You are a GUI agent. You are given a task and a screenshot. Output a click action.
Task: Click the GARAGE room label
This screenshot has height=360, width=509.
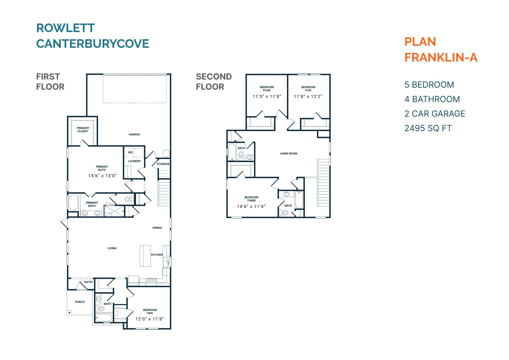coord(134,135)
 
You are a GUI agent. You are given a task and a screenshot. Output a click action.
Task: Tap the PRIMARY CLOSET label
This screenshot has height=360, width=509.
coord(83,130)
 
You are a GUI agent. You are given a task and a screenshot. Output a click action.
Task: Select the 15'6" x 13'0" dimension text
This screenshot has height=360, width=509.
coord(102,176)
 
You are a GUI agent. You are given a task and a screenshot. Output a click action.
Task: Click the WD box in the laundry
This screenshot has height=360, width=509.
coord(130,152)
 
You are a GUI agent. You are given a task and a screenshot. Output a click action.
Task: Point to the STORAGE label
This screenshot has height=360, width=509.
coord(163,164)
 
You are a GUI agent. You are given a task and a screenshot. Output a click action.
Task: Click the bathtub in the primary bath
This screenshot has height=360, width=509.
coord(73,202)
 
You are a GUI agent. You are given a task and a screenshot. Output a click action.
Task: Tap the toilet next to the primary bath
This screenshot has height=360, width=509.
coord(128,199)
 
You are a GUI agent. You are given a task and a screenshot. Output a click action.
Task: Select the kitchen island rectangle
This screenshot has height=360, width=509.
coord(145,256)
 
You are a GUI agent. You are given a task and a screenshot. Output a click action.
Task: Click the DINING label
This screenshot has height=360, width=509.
coord(157,228)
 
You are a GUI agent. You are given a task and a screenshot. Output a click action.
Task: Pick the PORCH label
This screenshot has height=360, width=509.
coord(80,302)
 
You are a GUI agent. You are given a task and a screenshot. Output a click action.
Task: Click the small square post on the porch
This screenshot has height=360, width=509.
coord(70,313)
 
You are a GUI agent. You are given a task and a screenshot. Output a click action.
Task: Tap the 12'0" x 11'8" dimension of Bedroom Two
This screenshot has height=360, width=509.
coord(150,319)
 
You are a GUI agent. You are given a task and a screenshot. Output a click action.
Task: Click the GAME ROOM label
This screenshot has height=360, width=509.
coord(289,154)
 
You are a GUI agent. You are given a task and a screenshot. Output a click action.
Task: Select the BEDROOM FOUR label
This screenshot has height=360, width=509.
coord(267,89)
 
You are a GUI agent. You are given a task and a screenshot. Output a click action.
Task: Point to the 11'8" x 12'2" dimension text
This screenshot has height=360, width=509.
coord(308,97)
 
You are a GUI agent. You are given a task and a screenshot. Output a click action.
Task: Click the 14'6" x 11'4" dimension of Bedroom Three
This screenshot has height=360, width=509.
coord(251,207)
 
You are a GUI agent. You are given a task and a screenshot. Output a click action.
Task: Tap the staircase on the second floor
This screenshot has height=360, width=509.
coord(323,183)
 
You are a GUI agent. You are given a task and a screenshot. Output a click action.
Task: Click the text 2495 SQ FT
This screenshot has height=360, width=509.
coord(428,128)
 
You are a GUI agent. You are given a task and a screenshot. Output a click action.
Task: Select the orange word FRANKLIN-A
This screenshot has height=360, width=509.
coord(441,57)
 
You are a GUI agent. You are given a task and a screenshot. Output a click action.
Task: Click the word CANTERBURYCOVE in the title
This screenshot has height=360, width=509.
coord(92,44)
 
